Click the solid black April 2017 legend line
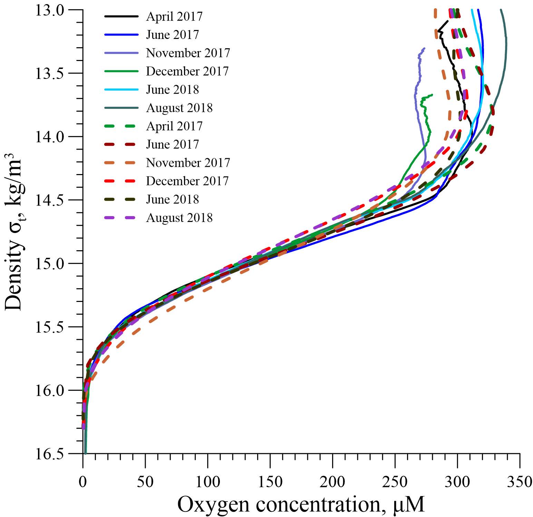(121, 17)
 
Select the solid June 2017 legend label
(173, 35)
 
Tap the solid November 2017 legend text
(188, 53)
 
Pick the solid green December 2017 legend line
(121, 71)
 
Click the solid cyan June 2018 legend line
(121, 90)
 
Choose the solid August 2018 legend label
(179, 108)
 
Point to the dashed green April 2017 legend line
(121, 126)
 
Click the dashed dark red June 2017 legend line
(121, 144)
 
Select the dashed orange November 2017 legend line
(121, 163)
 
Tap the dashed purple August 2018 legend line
(121, 218)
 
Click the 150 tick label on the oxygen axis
(270, 481)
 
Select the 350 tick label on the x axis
(520, 481)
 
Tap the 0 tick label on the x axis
(83, 481)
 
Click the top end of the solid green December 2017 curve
(432, 94)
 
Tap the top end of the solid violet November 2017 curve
(424, 48)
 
